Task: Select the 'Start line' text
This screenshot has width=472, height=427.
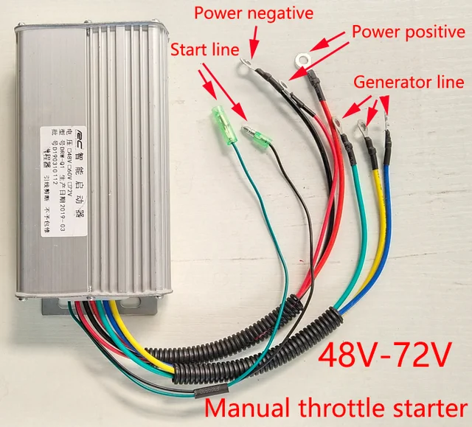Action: pos(204,50)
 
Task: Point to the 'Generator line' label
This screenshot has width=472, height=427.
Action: pos(412,82)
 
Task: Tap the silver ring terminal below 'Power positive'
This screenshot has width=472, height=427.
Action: pos(301,58)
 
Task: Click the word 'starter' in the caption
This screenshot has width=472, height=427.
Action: pos(431,406)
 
